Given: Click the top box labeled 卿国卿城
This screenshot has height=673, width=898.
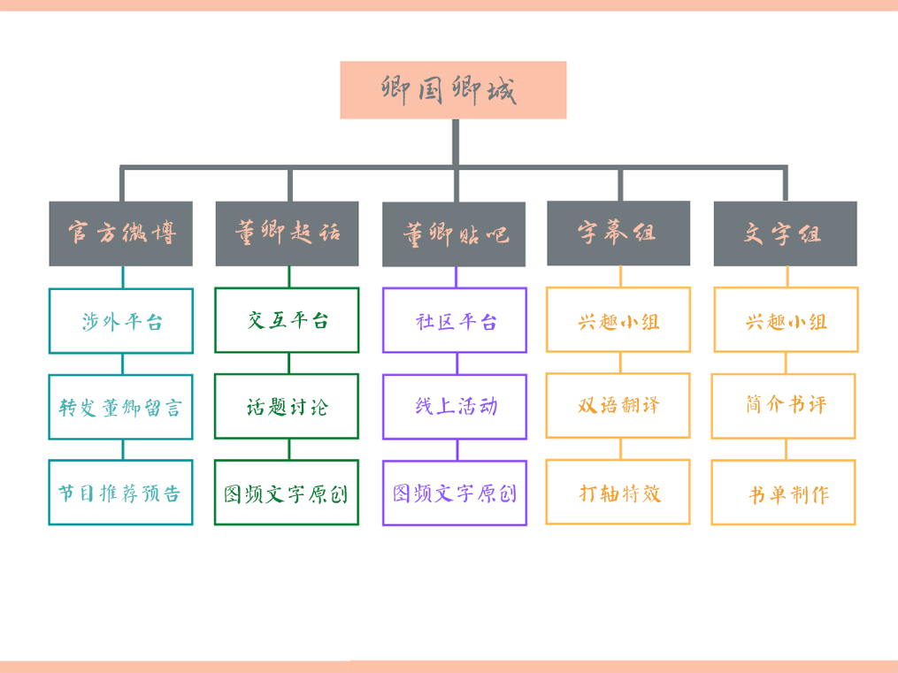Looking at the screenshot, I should (x=453, y=90).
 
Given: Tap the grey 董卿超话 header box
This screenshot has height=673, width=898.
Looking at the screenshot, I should (x=287, y=233).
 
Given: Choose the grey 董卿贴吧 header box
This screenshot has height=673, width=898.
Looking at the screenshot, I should (x=454, y=234).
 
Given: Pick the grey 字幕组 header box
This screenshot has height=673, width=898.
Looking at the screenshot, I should (x=618, y=233).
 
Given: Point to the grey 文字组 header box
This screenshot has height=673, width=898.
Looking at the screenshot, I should (x=785, y=233).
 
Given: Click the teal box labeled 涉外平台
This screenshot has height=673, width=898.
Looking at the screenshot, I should (x=120, y=321).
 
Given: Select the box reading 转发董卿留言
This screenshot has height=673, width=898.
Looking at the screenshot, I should (x=120, y=407).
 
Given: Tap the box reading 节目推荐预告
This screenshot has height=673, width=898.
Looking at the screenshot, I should (x=120, y=493).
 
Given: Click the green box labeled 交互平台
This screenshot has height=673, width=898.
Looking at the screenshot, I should (x=287, y=320).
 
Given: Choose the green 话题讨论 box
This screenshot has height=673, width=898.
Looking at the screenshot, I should (x=287, y=406).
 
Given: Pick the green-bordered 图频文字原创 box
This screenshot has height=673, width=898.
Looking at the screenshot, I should (x=287, y=493).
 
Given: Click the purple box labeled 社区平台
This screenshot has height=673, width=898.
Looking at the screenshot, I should (x=455, y=320).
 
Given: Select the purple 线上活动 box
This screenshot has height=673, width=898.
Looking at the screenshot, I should (x=455, y=406).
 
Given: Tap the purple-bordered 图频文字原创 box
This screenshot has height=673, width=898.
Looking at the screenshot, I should (x=455, y=493).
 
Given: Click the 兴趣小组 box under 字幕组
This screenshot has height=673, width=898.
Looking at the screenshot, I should (x=618, y=320).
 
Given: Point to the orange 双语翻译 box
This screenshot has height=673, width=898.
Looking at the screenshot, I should (x=618, y=405).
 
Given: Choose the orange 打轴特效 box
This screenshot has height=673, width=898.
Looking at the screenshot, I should (x=618, y=492).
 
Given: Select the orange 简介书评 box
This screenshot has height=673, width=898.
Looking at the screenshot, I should (x=784, y=405).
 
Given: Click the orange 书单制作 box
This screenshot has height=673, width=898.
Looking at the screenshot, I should (x=784, y=493).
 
